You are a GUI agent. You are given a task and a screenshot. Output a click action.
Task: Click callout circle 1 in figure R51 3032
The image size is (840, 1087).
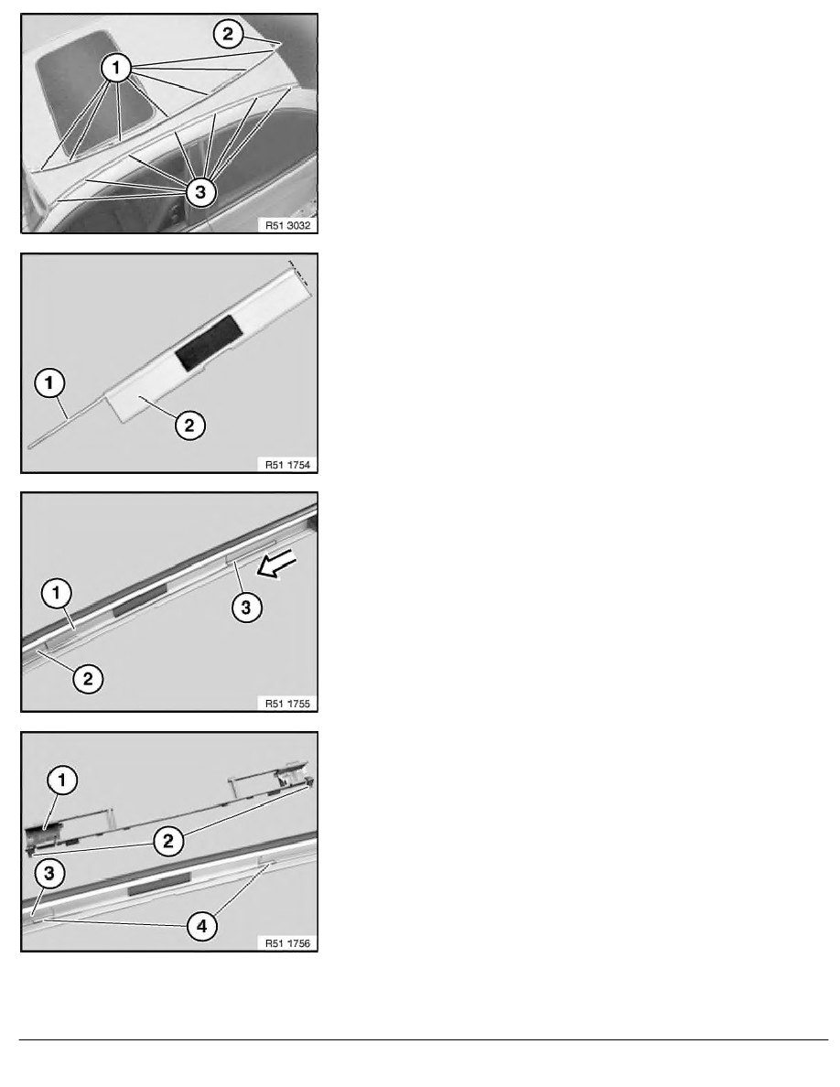point(116,69)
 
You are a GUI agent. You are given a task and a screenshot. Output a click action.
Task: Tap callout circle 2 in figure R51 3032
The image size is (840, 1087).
point(230,36)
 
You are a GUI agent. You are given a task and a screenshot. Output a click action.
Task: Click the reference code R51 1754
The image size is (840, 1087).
point(285,464)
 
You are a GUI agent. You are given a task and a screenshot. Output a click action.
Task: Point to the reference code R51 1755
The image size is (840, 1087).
point(285,703)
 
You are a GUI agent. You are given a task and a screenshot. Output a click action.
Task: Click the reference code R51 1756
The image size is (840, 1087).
point(285,942)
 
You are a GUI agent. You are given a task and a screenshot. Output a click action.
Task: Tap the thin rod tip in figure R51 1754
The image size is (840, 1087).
point(31,446)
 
